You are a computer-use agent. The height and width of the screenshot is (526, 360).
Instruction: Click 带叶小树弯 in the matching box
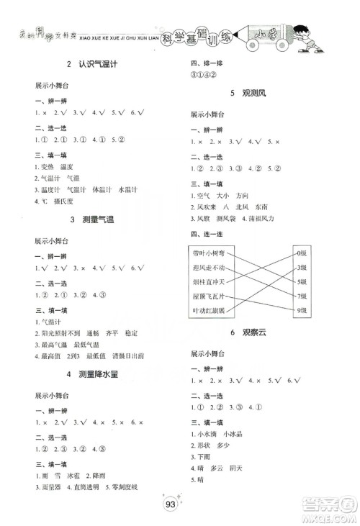tap(210, 254)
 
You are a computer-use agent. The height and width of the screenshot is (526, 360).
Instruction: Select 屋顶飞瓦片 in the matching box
tap(210, 296)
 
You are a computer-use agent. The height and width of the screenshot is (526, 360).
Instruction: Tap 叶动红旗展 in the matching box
tap(210, 310)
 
